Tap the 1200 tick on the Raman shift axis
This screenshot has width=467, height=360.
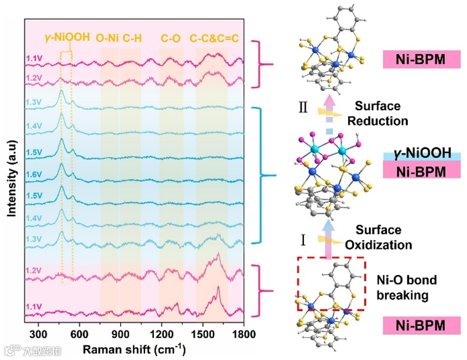coord(162,334)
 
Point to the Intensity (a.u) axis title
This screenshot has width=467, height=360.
coord(10,179)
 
